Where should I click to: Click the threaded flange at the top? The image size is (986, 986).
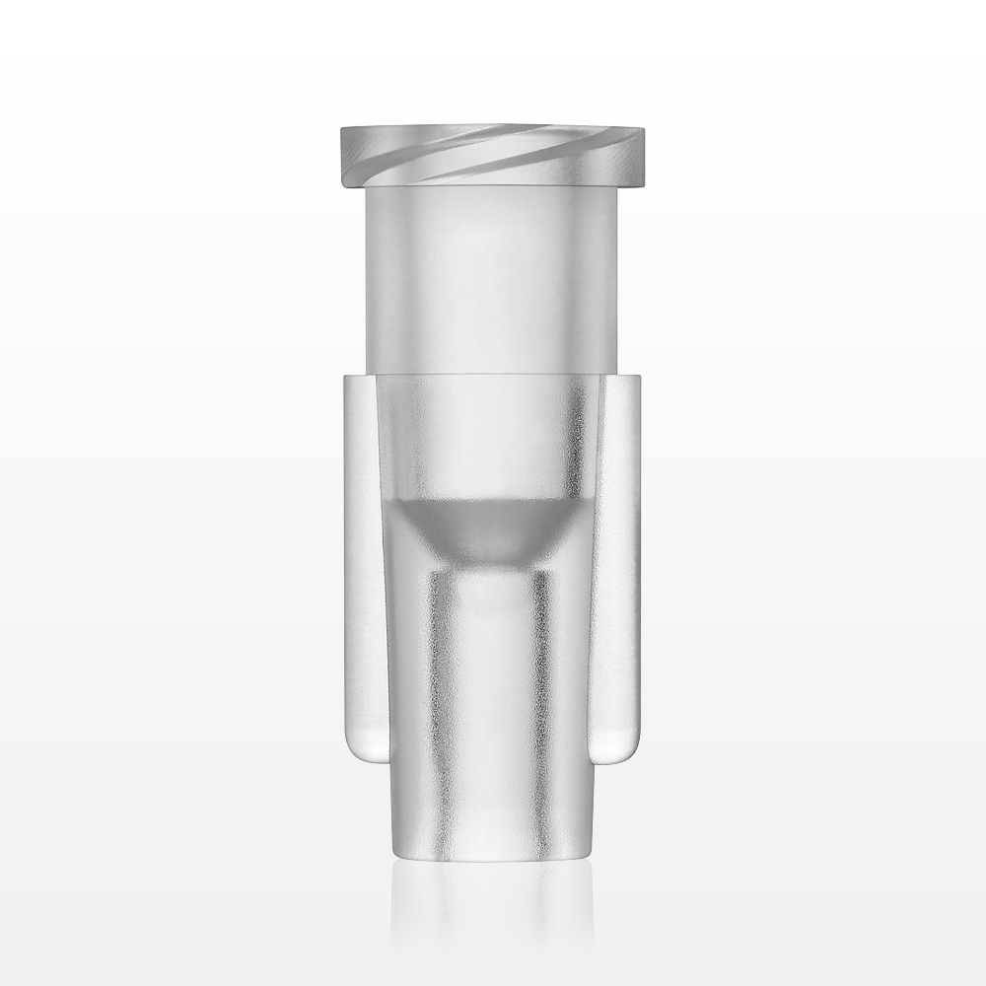click(x=493, y=156)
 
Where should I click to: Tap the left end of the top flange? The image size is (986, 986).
click(x=344, y=156)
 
